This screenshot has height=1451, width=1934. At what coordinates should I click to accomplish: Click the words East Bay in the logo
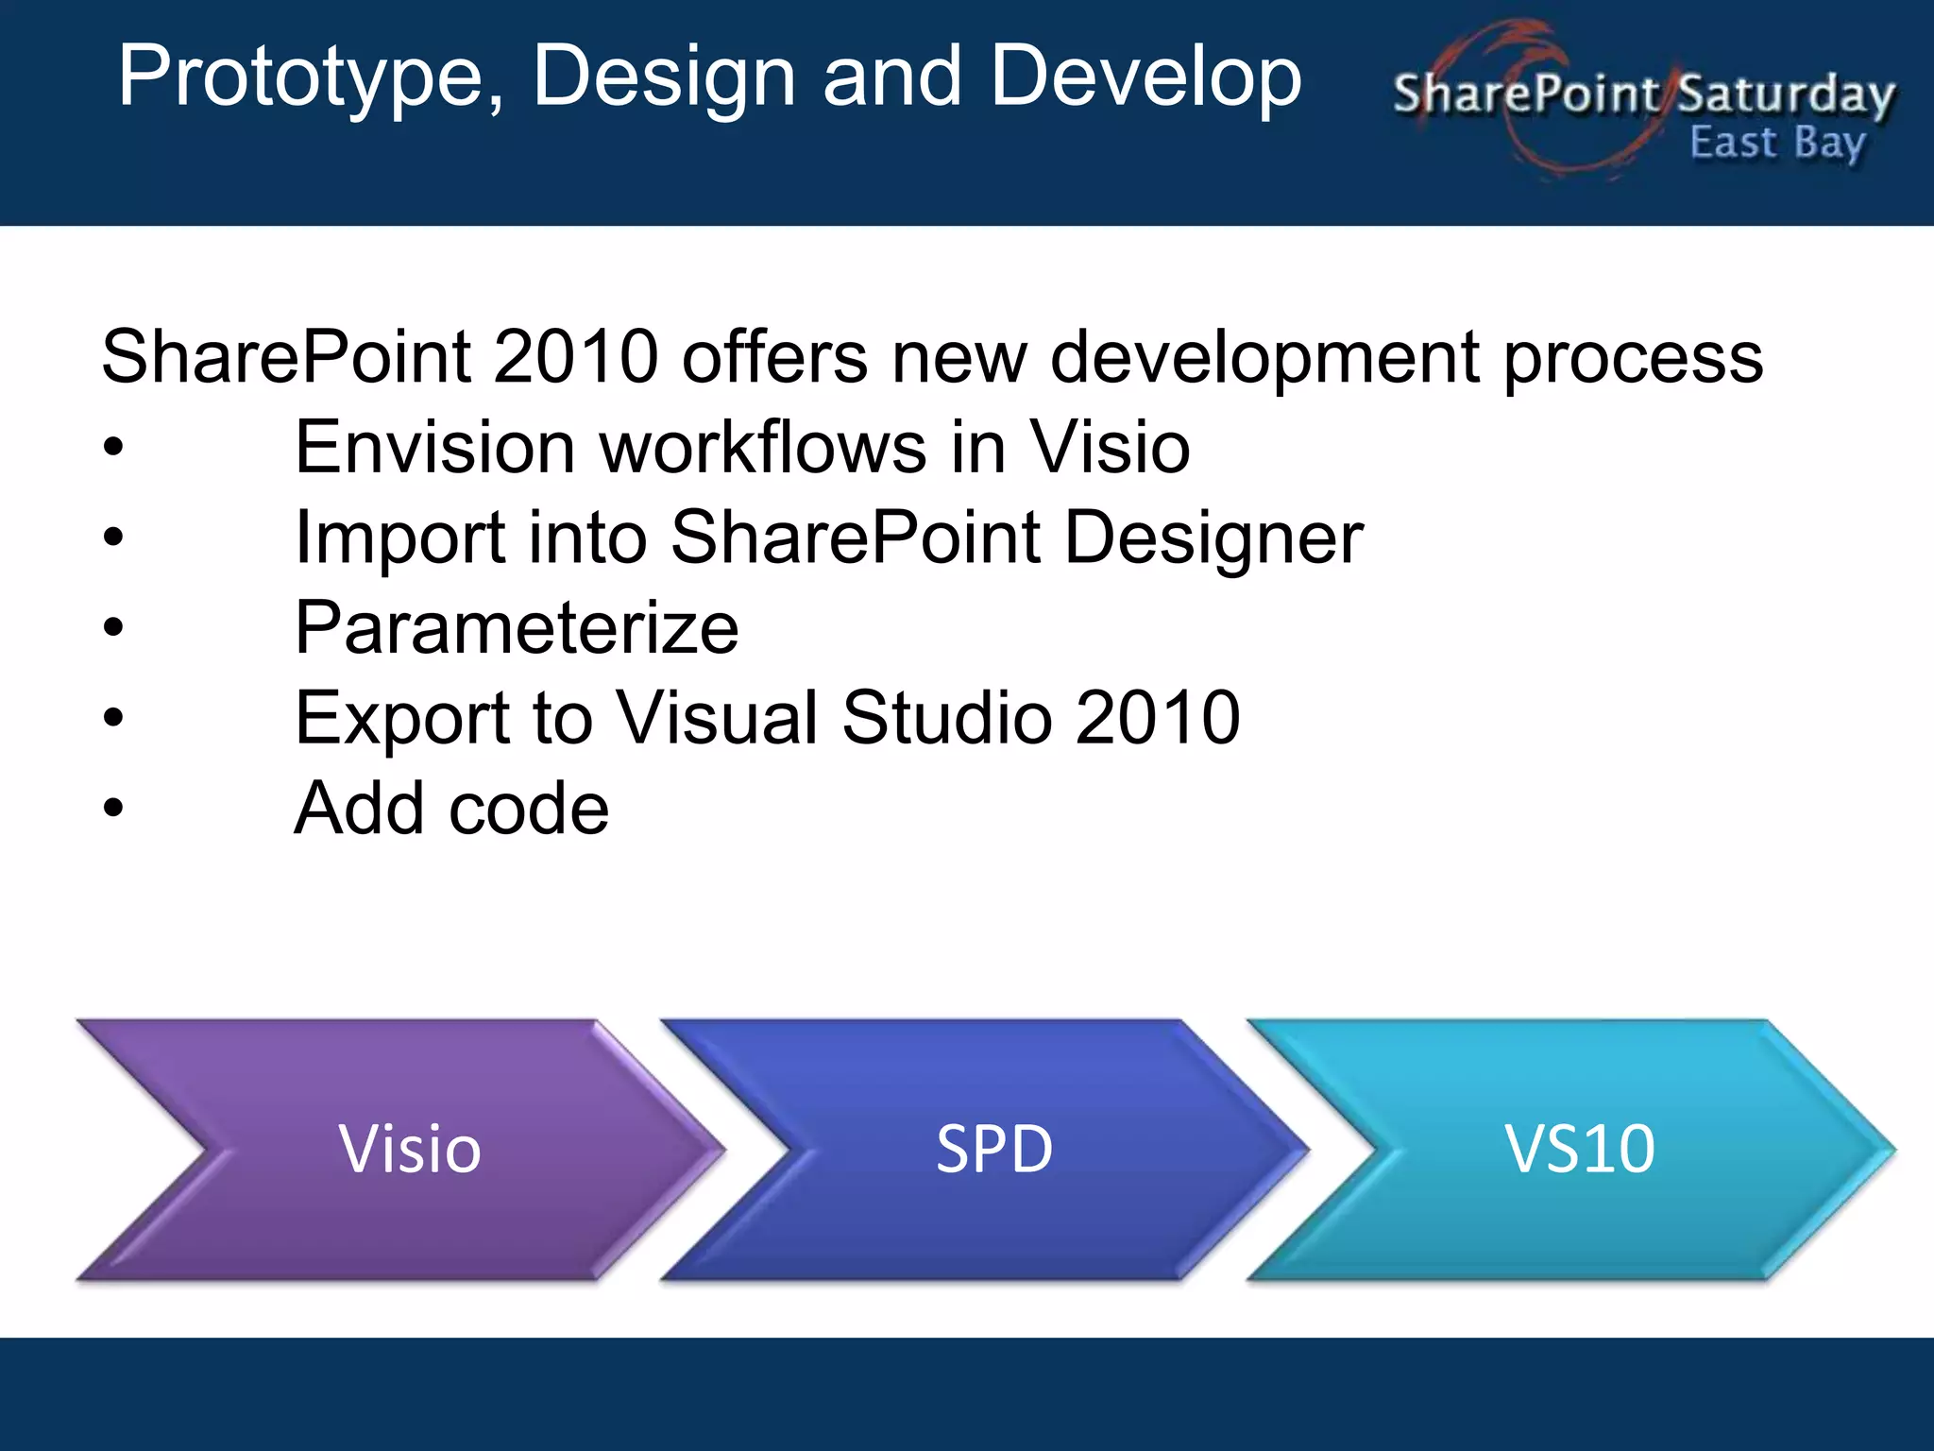1776,144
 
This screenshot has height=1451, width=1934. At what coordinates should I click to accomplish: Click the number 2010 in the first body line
575,357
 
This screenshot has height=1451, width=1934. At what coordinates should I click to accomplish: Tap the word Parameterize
517,628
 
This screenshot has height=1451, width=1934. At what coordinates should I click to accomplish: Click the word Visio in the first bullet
1110,447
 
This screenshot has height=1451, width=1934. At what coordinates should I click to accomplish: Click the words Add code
451,810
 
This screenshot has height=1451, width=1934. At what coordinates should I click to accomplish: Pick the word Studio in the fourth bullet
946,718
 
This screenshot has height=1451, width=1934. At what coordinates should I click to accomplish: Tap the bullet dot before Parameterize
113,627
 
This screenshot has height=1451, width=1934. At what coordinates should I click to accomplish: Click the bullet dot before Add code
113,809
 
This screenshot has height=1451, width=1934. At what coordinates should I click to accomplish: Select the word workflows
763,447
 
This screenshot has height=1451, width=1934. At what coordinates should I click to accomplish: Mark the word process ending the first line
1633,359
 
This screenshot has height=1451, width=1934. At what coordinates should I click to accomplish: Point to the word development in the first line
1265,359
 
